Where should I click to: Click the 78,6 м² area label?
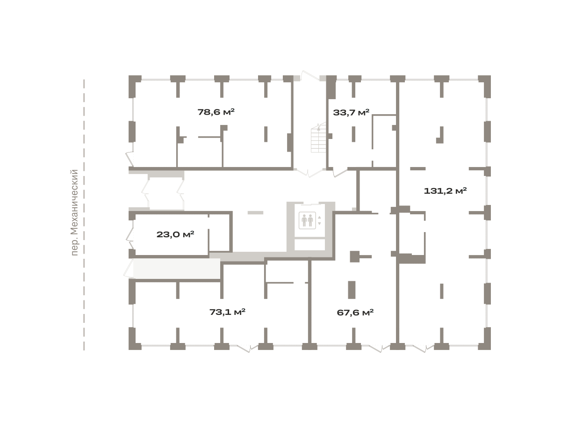click(x=216, y=112)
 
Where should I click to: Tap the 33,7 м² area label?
click(x=351, y=112)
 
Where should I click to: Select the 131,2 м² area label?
click(x=445, y=191)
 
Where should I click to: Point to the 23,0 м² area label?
click(x=175, y=234)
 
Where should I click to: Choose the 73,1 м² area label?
click(x=227, y=312)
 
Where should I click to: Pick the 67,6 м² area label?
click(x=355, y=313)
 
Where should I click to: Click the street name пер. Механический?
click(x=74, y=212)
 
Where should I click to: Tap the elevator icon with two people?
click(x=307, y=220)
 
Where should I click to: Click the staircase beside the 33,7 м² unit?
click(x=318, y=138)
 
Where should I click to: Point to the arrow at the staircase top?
click(x=318, y=128)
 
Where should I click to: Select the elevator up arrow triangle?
click(x=319, y=218)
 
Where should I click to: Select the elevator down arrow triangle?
click(x=319, y=224)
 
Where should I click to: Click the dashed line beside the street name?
click(x=84, y=215)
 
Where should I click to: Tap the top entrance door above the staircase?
click(x=310, y=76)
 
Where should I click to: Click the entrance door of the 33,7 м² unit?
click(x=340, y=172)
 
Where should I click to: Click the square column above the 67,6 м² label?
click(x=354, y=256)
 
